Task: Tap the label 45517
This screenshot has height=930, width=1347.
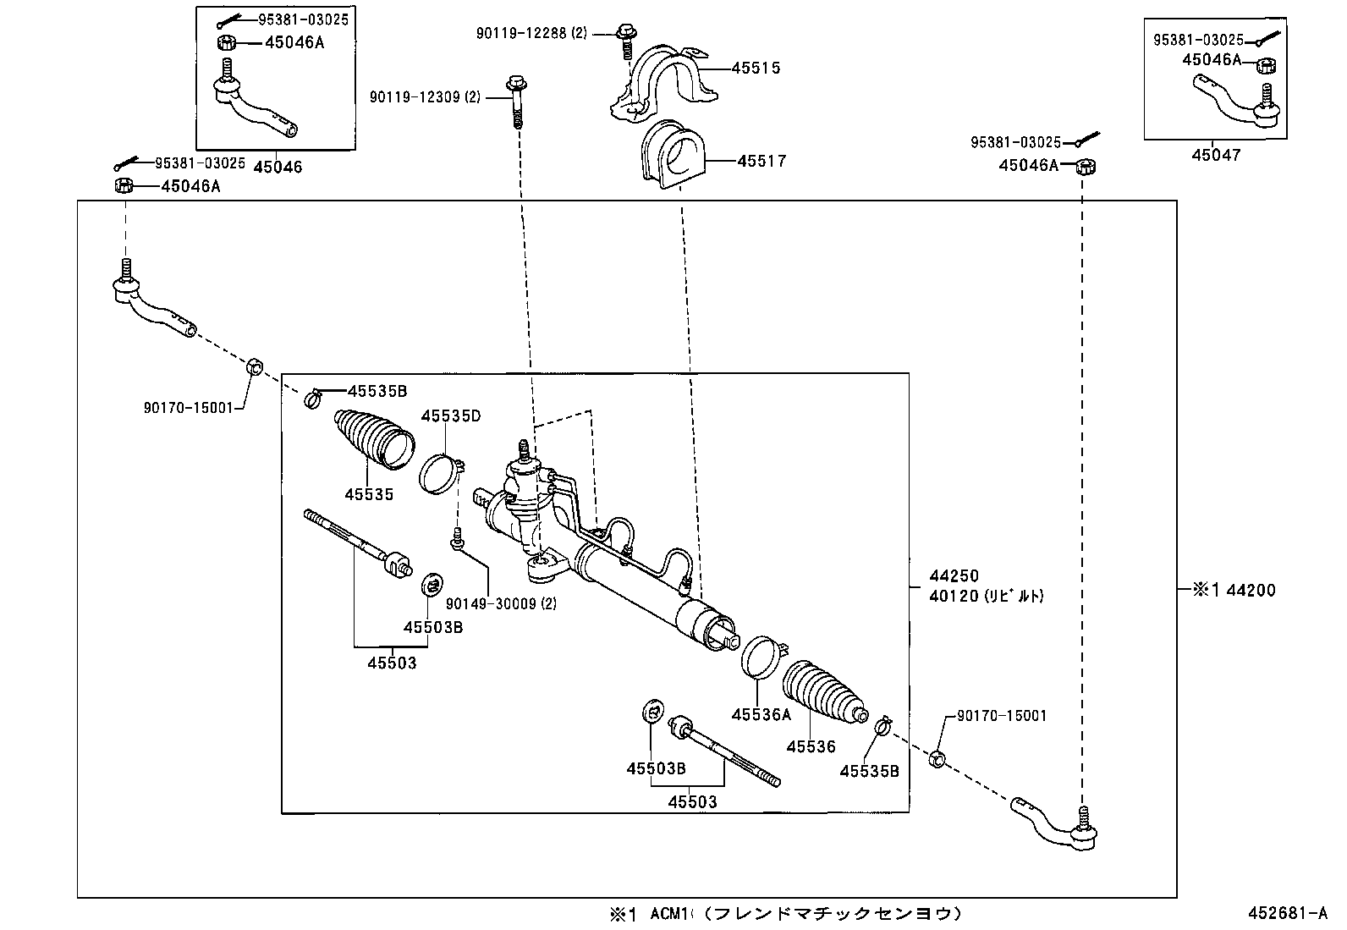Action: point(761,161)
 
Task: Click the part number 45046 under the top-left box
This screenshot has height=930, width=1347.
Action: point(278,168)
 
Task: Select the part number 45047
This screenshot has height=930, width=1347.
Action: point(1216,155)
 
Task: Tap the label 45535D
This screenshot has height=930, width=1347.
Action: point(451,415)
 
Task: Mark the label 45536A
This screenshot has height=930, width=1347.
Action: point(761,714)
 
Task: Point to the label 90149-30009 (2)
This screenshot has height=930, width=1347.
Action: point(501,603)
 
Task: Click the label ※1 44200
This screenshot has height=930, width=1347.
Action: point(1234,590)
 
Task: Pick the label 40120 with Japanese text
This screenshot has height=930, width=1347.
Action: point(986,596)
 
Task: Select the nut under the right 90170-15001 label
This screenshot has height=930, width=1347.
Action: point(937,758)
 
